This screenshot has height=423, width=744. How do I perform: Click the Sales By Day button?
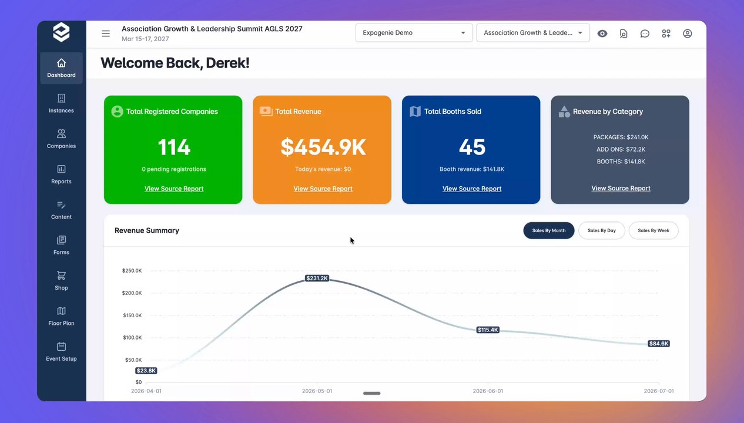pos(602,230)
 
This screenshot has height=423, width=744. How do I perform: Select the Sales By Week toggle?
pos(653,230)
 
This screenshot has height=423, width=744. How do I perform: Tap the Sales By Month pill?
pos(549,230)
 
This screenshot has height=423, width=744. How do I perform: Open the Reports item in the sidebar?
pos(61,174)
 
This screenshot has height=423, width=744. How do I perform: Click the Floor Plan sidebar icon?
pos(61,311)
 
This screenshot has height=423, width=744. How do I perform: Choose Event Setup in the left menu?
pos(61,351)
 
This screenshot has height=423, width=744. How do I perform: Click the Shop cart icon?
pos(61,276)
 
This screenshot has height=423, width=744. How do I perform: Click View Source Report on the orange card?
pos(323,189)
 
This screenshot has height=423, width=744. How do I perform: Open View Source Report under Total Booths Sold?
pos(472,189)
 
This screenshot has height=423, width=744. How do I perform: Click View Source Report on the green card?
pos(174,189)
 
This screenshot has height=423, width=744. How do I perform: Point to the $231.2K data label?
pos(317,278)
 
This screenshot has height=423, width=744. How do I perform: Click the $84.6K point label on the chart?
pos(659,344)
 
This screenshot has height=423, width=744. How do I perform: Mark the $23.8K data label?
pos(146,371)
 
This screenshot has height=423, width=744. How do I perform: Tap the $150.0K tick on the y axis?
pos(132,315)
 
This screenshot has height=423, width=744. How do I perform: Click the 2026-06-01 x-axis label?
pos(488,391)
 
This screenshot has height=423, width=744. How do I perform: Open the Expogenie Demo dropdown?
pos(414,33)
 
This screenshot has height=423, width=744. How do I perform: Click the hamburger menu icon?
pos(106,33)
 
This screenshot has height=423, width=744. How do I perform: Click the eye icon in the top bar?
pos(602,33)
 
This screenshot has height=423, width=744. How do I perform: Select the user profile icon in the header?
pos(687,33)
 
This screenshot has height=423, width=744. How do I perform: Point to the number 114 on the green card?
pos(174,147)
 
